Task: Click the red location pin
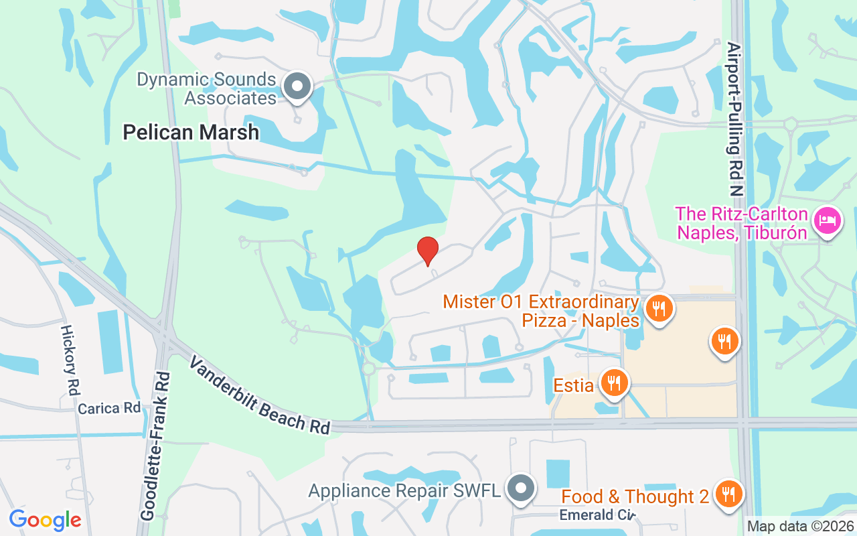[428, 251]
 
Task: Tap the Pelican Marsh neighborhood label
[191, 132]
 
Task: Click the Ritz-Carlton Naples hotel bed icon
[828, 220]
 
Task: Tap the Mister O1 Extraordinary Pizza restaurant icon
[659, 309]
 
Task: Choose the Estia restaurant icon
[613, 383]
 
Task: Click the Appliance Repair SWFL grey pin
[520, 489]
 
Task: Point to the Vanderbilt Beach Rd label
[260, 395]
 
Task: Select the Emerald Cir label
[597, 515]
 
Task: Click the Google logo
[45, 520]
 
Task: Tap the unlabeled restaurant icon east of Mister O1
[724, 341]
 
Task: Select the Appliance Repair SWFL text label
[404, 490]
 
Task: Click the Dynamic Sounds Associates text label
[207, 88]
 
